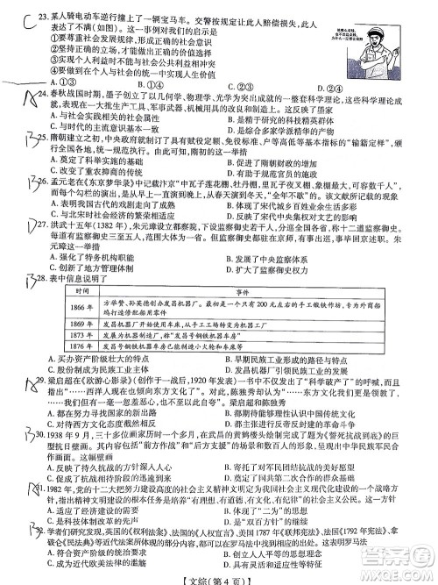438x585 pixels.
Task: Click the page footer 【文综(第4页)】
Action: point(218,574)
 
